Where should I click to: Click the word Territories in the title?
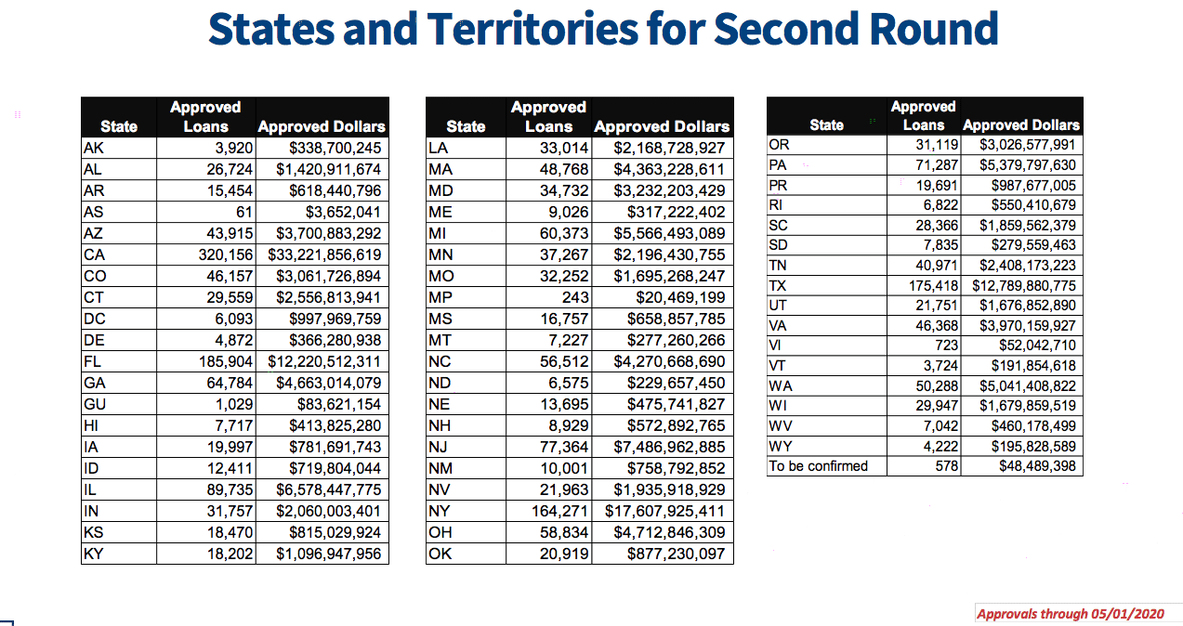point(532,29)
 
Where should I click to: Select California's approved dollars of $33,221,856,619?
point(324,254)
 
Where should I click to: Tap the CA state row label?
point(94,254)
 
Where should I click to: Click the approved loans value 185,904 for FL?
point(226,361)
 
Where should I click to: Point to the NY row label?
point(440,511)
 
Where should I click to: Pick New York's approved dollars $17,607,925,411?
point(664,511)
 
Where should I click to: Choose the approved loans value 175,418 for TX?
point(933,285)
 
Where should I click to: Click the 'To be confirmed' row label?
point(818,466)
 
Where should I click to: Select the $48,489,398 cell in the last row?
point(1037,466)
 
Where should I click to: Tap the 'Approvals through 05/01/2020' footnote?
point(1071,614)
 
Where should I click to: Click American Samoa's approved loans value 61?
point(244,212)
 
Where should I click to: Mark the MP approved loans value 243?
point(575,298)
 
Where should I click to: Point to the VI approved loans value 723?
point(946,346)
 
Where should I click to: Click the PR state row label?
point(778,185)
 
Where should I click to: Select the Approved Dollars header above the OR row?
point(1021,125)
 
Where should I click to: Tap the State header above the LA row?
point(466,126)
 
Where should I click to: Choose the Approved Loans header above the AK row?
point(205,117)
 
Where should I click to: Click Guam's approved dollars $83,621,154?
point(338,404)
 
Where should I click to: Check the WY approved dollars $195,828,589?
point(1033,447)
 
